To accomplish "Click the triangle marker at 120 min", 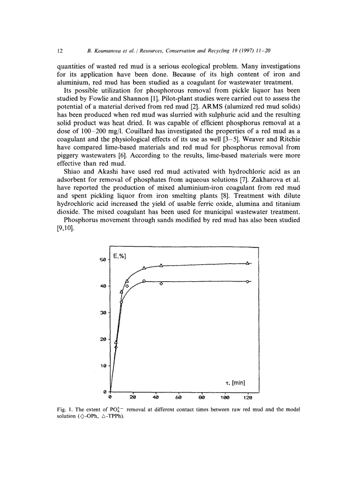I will [248, 263].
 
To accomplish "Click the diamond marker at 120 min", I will [248, 281].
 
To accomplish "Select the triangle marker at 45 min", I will [161, 265].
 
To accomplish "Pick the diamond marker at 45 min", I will [161, 283].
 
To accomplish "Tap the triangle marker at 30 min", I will [144, 268].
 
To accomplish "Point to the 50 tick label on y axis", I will [102, 260].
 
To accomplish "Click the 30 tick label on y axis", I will [102, 313].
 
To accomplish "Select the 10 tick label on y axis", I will [102, 365].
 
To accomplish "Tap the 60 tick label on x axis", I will [179, 398].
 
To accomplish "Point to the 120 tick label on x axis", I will [248, 398].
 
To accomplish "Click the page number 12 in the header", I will [60, 51].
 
